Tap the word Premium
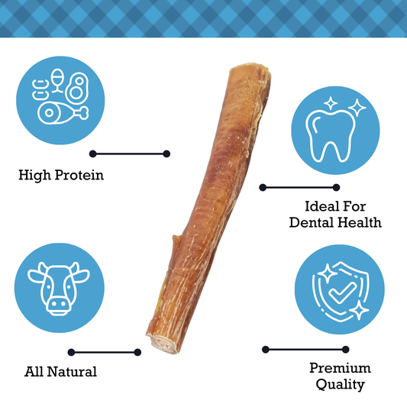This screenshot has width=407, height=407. (340, 369)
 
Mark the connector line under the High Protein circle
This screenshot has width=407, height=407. (130, 153)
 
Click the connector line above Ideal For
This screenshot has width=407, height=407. (299, 187)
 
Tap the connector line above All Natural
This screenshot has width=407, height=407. (105, 352)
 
